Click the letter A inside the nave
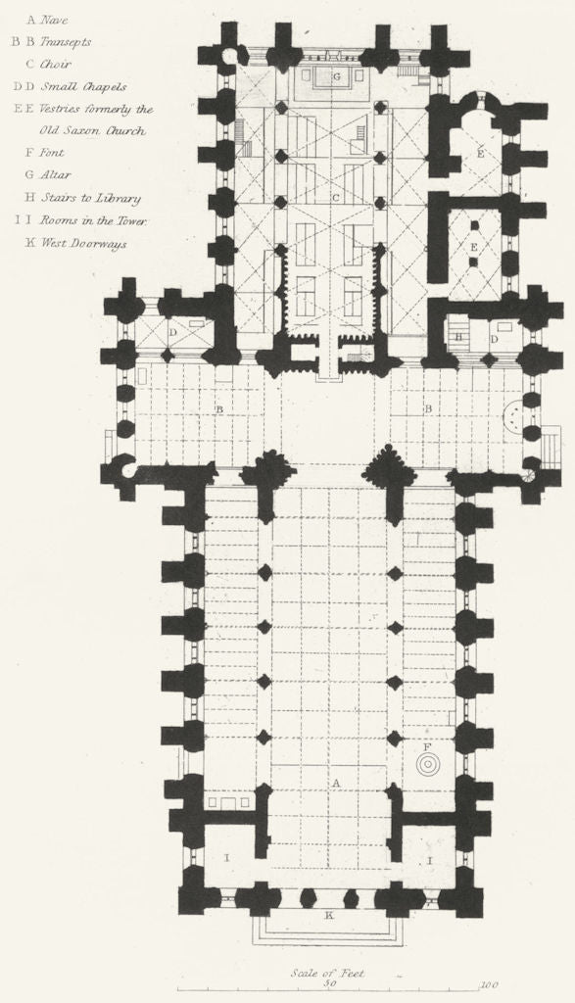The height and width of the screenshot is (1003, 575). coord(336,783)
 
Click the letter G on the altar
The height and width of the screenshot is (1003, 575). coord(335,75)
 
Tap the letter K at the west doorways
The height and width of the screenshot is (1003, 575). coord(329,915)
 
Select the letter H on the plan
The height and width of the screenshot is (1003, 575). coord(458,337)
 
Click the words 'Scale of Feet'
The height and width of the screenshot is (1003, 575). coord(327,974)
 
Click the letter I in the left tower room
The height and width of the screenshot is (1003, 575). coord(226,857)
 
